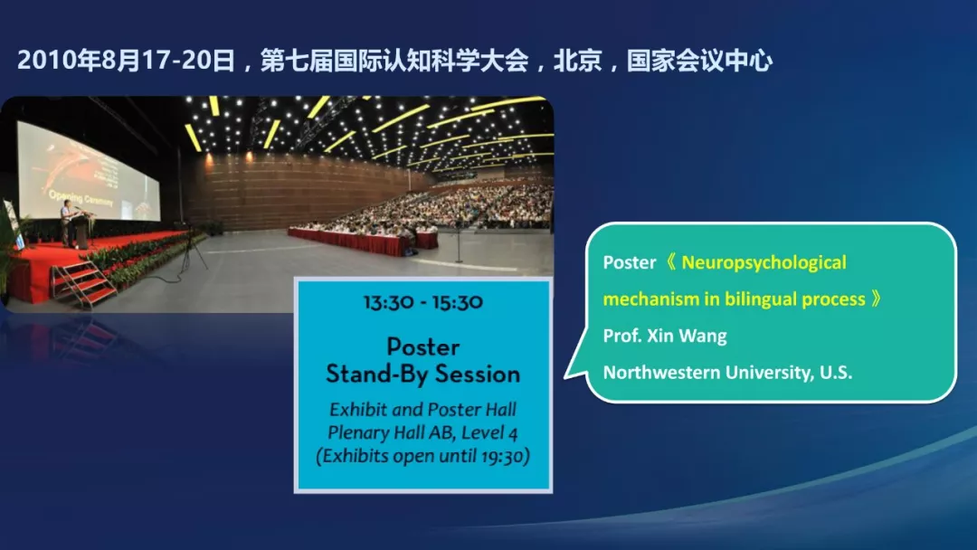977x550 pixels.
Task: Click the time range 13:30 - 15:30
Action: [x=423, y=303]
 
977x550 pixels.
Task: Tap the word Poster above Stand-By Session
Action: [x=423, y=347]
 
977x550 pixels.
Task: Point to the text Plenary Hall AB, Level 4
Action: [x=422, y=432]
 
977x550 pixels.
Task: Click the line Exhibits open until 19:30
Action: [x=423, y=455]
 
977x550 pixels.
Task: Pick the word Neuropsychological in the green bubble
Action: [x=764, y=263]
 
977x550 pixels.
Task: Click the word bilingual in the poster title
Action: [x=758, y=299]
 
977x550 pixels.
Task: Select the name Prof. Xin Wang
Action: [x=665, y=336]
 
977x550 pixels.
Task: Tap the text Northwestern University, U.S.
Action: [x=727, y=373]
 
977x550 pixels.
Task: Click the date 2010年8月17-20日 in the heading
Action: [x=126, y=61]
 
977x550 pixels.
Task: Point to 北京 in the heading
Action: [x=577, y=61]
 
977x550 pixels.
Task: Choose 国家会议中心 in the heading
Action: [x=699, y=61]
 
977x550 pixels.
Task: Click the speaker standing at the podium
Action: [x=67, y=223]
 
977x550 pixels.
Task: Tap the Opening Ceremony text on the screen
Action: [x=81, y=198]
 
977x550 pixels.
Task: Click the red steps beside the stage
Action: [x=83, y=286]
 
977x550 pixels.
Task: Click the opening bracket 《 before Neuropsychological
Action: [x=670, y=262]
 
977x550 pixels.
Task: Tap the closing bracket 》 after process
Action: [x=876, y=299]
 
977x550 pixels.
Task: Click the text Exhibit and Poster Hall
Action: [x=423, y=409]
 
